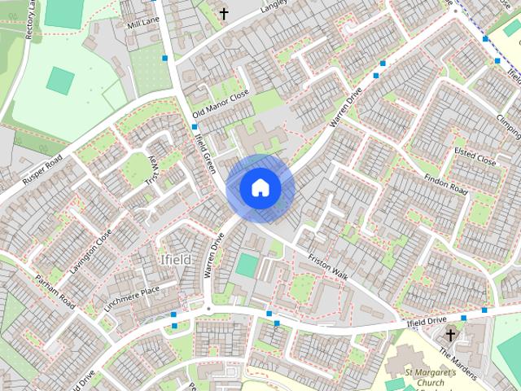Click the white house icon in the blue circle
[x=260, y=187]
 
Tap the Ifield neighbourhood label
[x=175, y=260]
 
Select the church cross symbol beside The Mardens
[x=450, y=335]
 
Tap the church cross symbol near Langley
[x=224, y=14]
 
